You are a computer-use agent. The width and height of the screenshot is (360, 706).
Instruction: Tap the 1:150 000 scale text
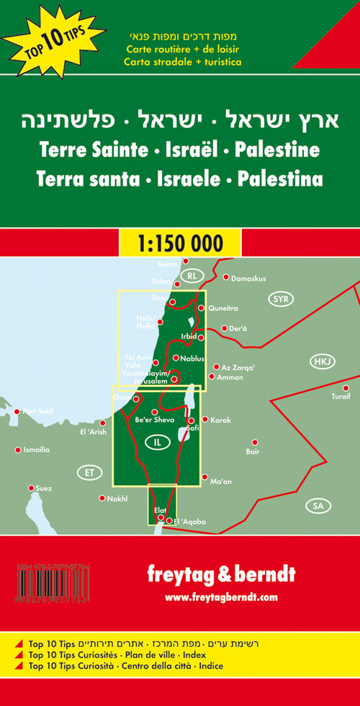(x=180, y=243)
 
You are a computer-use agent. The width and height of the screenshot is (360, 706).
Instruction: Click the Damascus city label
(x=249, y=278)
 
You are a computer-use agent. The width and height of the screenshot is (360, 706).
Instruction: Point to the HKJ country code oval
(x=320, y=361)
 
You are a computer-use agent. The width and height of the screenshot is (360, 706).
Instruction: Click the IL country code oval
(x=157, y=443)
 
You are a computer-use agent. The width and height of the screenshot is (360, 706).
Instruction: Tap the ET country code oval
(x=89, y=473)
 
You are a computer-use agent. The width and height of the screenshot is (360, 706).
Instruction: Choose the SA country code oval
(x=318, y=506)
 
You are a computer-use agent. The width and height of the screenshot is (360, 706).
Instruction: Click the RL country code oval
(x=191, y=276)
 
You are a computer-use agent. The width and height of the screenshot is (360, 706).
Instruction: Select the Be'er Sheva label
(x=155, y=420)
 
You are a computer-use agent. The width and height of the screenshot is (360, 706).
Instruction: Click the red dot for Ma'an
(x=204, y=476)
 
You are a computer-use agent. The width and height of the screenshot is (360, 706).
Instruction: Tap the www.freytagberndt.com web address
(x=221, y=597)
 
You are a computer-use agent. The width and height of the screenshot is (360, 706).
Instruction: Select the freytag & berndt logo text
(x=221, y=575)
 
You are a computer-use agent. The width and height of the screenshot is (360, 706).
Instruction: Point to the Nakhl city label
(x=117, y=498)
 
